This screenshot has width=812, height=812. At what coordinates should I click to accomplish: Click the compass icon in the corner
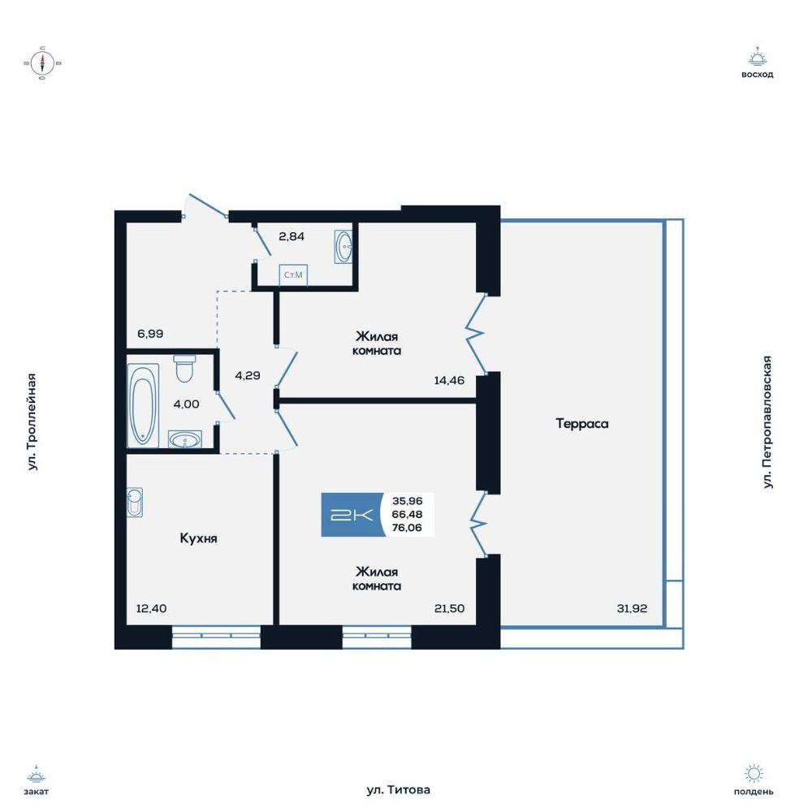(42, 63)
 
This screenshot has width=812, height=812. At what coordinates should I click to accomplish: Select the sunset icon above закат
(37, 774)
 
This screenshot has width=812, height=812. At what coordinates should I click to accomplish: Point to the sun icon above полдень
(754, 774)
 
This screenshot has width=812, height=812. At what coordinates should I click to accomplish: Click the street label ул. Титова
(398, 790)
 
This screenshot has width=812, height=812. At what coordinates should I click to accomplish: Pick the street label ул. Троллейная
(32, 422)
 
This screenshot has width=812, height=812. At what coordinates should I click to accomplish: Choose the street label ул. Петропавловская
(767, 422)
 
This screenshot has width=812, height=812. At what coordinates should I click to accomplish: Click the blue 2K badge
(352, 515)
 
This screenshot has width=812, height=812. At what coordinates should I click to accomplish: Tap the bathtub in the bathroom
(143, 405)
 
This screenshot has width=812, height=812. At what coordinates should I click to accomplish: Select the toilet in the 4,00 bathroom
(184, 368)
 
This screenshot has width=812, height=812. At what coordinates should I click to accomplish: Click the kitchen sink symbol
(135, 503)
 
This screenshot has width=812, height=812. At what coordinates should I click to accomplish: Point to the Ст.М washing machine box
(293, 275)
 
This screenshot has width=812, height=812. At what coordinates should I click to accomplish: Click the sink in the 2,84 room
(343, 247)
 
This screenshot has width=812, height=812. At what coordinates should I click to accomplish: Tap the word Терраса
(582, 424)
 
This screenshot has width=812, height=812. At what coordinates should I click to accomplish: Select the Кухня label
(198, 538)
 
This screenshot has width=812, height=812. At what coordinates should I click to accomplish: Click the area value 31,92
(632, 608)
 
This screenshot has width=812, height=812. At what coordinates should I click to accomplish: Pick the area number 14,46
(449, 381)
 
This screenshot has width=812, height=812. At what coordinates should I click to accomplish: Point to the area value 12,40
(151, 608)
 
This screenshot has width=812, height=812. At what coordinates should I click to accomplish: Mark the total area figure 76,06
(407, 528)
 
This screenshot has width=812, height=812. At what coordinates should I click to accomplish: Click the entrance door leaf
(208, 205)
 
